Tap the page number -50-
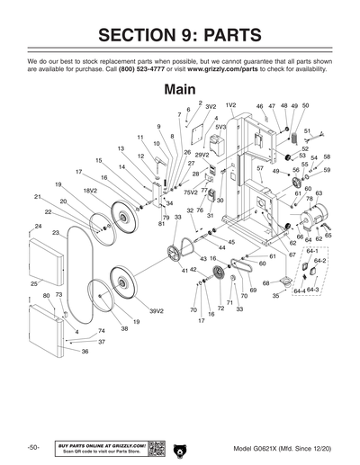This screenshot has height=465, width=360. (x=32, y=447)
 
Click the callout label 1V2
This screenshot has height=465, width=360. (x=230, y=105)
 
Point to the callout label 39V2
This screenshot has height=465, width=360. (x=156, y=310)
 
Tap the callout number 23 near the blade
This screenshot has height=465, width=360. (x=56, y=233)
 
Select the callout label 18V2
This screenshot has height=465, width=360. (x=90, y=191)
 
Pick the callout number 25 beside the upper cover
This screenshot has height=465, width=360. (x=34, y=283)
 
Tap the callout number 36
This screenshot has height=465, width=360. (x=85, y=351)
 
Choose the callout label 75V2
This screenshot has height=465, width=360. (x=190, y=192)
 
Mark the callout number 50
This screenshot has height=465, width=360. (x=305, y=105)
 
